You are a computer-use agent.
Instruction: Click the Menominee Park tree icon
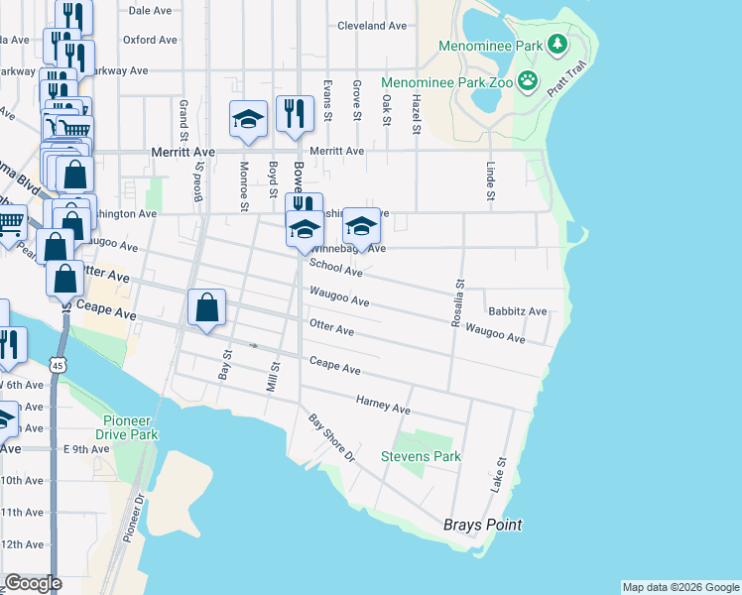point(557,44)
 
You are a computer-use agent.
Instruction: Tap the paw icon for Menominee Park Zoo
point(529,82)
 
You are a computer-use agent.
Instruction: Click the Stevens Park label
point(422,457)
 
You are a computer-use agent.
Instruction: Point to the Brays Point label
point(482,525)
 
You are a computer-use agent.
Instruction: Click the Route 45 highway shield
point(62,367)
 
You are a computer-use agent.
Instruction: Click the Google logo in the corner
point(32,583)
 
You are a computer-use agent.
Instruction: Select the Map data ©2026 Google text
point(680,587)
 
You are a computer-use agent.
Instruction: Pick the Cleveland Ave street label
point(372,26)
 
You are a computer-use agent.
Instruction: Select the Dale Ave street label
point(152,10)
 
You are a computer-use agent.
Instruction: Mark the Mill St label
point(276,378)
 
